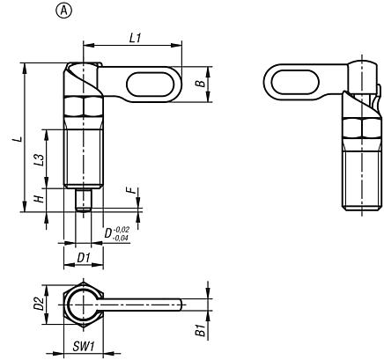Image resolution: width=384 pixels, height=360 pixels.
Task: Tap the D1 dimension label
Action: pyautogui.click(x=84, y=257)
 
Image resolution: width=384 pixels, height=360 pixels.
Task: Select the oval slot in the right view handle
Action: pyautogui.click(x=295, y=84)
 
